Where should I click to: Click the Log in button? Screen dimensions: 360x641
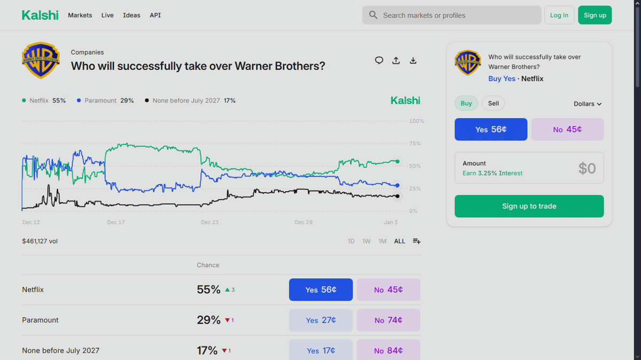point(559,15)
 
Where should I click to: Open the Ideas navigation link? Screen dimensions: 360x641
point(131,15)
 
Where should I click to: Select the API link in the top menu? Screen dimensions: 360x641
point(155,15)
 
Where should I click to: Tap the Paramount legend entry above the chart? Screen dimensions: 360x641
point(105,100)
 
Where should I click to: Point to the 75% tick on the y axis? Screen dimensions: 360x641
point(415,144)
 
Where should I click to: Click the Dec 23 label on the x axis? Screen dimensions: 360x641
point(209,222)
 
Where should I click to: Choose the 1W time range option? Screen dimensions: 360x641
point(366,241)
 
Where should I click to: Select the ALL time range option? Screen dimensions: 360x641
point(400,241)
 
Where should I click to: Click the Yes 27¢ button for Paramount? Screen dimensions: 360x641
point(320,320)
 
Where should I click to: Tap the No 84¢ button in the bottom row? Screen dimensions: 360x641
point(388,350)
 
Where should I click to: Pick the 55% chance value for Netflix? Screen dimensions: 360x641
point(208,289)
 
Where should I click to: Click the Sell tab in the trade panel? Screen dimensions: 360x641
point(493,104)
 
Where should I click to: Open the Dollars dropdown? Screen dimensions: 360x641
point(588,104)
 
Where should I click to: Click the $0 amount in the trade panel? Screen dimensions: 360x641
point(587,168)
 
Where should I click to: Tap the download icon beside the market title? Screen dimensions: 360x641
point(413,60)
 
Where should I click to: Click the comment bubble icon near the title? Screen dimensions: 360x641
point(379,60)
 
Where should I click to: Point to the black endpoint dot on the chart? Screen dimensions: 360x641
point(397,196)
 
